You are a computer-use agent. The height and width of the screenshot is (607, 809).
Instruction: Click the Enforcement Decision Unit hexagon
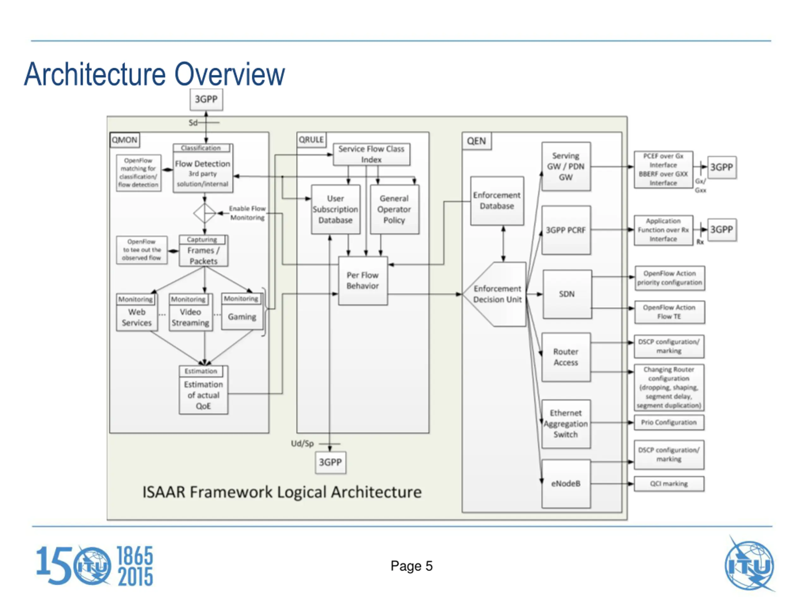495,294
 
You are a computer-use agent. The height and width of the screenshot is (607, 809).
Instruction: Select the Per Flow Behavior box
363,281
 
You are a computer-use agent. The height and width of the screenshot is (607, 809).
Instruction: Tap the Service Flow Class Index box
371,154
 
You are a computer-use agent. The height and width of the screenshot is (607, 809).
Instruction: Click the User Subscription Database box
335,209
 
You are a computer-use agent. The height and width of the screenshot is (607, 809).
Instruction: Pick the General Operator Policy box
394,209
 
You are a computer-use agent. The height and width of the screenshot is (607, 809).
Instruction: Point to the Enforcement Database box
497,201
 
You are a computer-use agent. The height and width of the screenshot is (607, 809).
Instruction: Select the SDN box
567,294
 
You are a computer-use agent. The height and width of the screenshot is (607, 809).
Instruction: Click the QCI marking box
669,484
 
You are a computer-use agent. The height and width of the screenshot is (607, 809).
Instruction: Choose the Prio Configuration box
669,423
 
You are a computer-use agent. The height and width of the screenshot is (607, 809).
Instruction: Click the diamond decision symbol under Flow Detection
204,213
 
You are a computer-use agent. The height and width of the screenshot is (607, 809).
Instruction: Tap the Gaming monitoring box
242,311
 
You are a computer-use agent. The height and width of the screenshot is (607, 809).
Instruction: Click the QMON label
125,140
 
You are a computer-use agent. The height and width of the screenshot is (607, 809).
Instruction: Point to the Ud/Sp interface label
302,444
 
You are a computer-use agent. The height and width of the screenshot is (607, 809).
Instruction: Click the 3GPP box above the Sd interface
206,100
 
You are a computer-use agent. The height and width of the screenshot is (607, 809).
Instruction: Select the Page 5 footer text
411,566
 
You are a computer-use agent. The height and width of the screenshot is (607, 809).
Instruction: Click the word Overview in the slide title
230,74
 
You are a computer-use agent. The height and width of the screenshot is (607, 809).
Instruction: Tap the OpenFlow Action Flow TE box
670,312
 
